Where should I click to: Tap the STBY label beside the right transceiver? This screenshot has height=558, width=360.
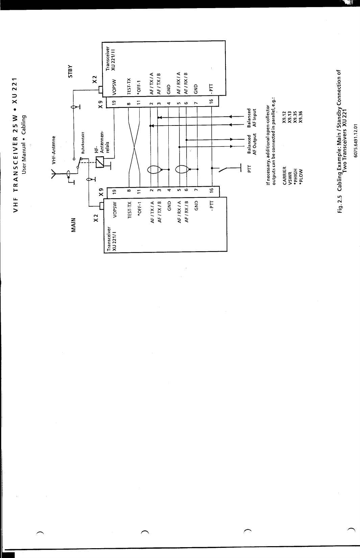tap(71, 71)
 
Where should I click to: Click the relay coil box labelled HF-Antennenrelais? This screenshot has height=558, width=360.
tap(100, 163)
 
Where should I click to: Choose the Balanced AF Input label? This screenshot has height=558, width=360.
tap(252, 117)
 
